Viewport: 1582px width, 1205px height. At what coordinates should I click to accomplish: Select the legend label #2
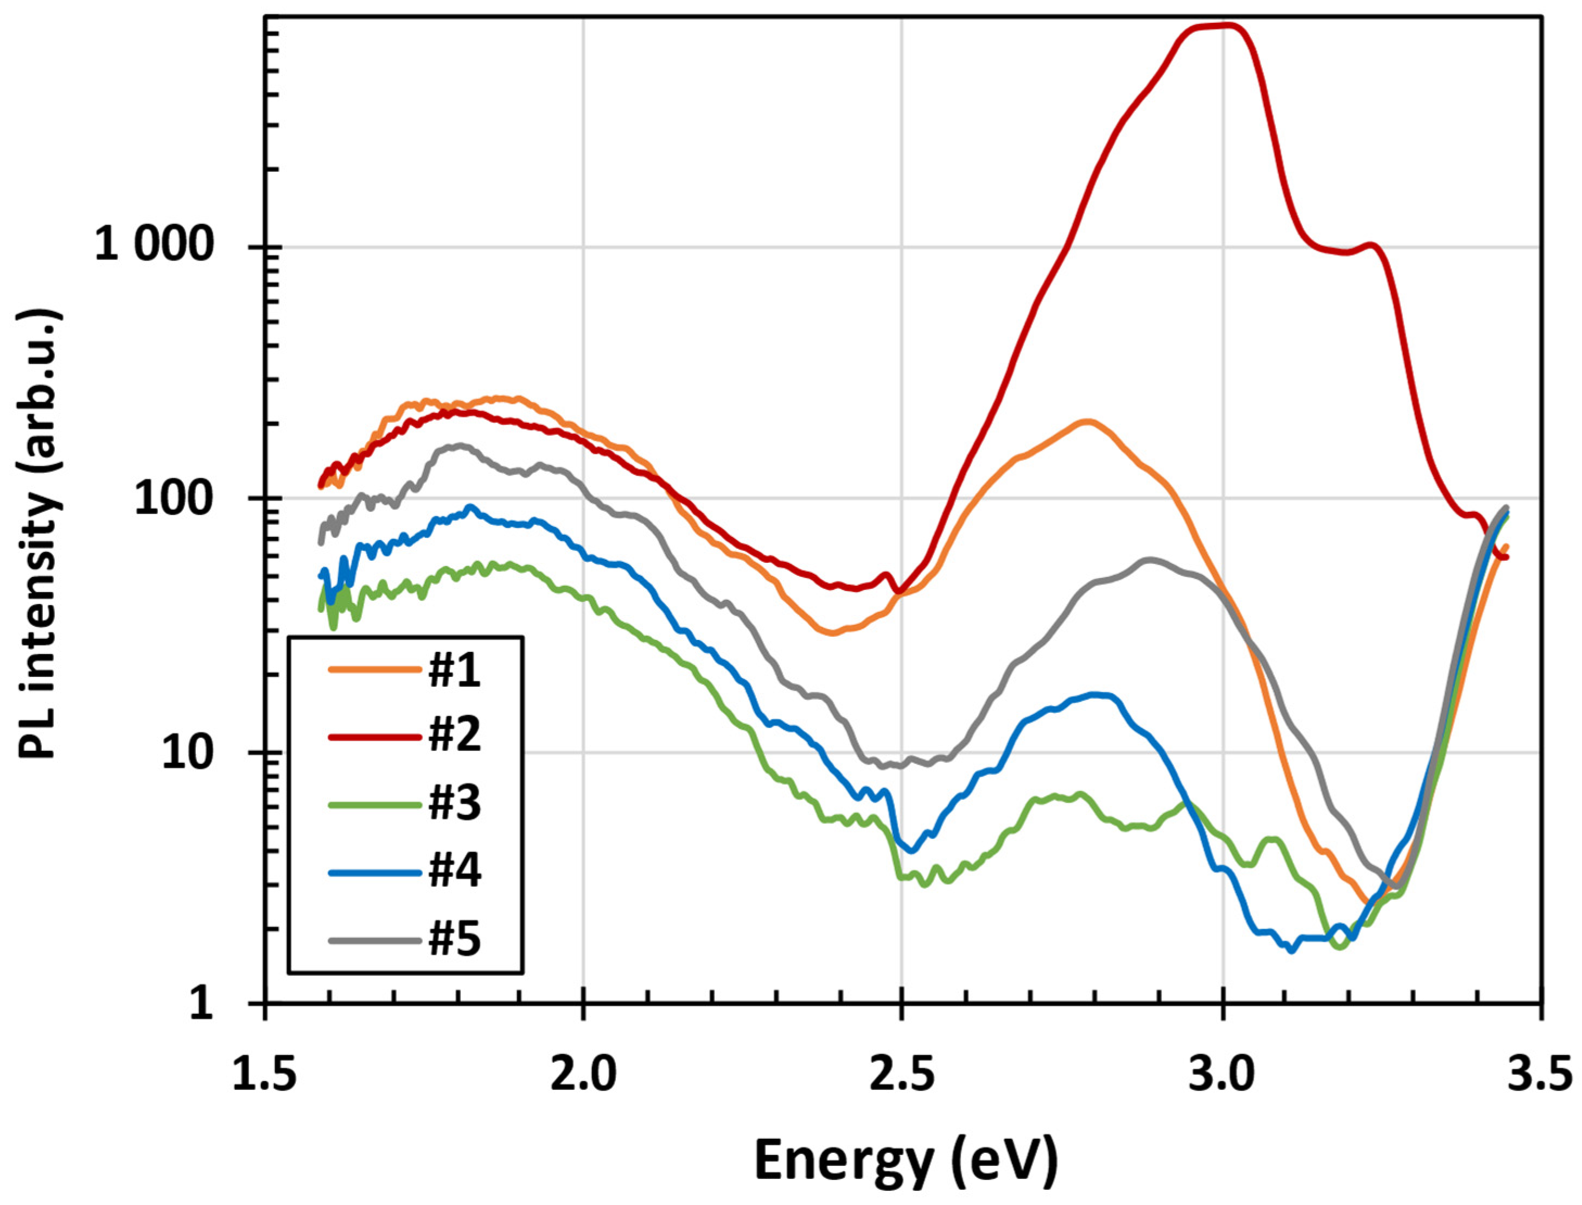tap(455, 737)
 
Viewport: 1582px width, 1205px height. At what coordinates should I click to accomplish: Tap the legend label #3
tap(455, 803)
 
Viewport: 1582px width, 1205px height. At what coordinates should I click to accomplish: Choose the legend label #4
tap(455, 870)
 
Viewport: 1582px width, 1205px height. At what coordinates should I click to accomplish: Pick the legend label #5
tap(455, 939)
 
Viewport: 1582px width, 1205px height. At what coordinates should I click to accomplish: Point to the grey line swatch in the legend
tap(375, 940)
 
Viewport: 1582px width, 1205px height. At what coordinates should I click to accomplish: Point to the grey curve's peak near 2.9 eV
tap(1149, 559)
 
